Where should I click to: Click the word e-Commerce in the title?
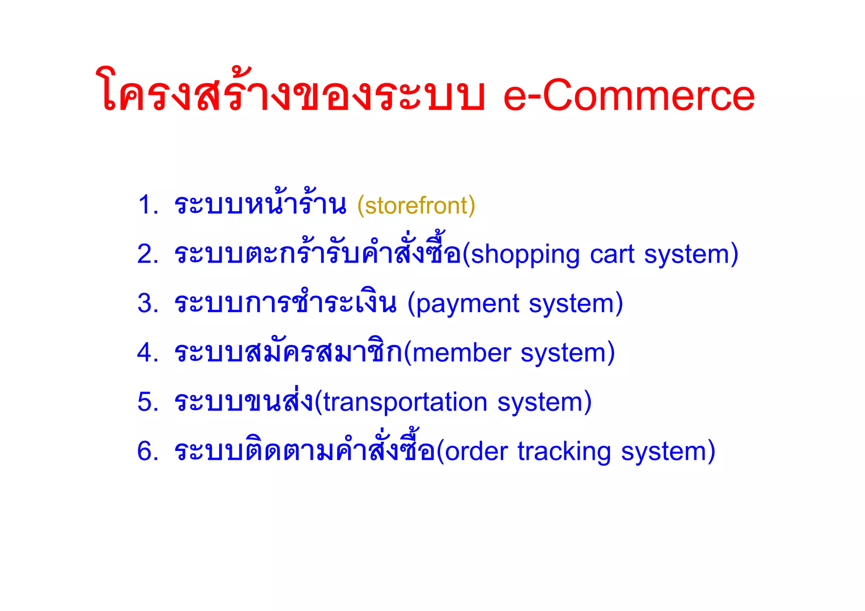pyautogui.click(x=628, y=96)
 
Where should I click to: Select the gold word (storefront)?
pyautogui.click(x=416, y=206)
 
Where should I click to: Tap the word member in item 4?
pyautogui.click(x=462, y=353)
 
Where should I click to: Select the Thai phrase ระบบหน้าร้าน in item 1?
pyautogui.click(x=260, y=205)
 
